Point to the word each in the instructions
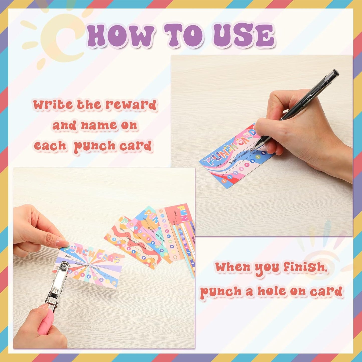(50, 146)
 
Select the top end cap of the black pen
(335, 73)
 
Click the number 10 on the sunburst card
(114, 283)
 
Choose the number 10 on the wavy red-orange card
(153, 264)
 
